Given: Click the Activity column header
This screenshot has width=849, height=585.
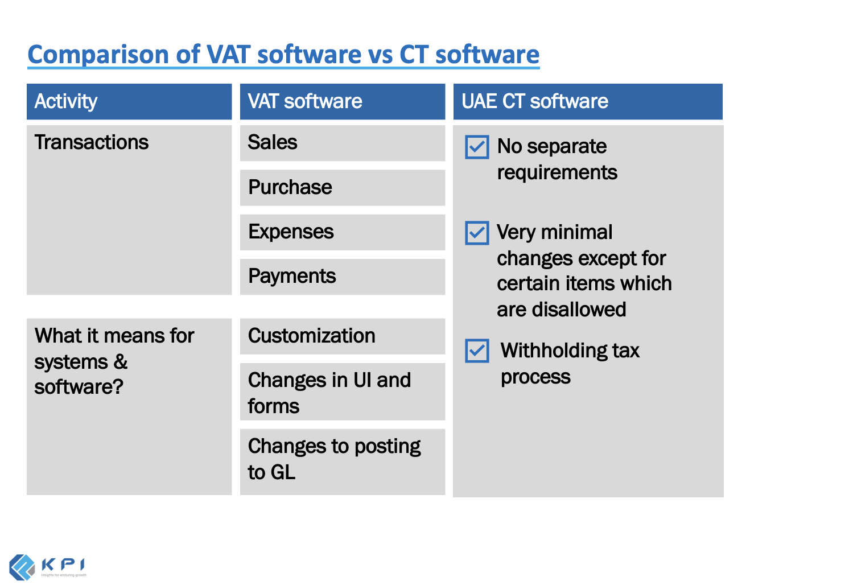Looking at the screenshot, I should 129,101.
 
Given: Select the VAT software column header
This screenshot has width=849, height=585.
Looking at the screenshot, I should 342,101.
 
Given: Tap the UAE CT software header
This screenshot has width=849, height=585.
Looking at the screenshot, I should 587,101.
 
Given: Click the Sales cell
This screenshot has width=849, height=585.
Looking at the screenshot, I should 342,142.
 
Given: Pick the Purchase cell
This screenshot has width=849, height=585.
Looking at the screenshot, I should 342,187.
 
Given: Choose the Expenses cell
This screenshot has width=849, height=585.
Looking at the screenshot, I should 342,232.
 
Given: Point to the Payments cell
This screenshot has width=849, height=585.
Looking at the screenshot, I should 342,277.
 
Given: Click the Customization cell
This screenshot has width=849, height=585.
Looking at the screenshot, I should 342,336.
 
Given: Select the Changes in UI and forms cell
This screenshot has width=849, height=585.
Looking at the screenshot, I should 342,393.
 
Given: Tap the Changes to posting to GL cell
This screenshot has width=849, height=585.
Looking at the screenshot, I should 342,460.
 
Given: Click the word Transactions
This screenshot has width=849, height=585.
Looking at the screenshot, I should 91,142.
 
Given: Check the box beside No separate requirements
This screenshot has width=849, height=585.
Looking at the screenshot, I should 477,147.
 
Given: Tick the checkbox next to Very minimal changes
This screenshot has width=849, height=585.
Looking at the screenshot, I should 477,233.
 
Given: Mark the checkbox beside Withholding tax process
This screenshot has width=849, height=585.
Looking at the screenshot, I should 477,351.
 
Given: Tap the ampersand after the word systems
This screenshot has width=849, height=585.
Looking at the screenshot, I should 121,362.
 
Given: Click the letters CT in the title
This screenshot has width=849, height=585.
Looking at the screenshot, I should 414,55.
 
